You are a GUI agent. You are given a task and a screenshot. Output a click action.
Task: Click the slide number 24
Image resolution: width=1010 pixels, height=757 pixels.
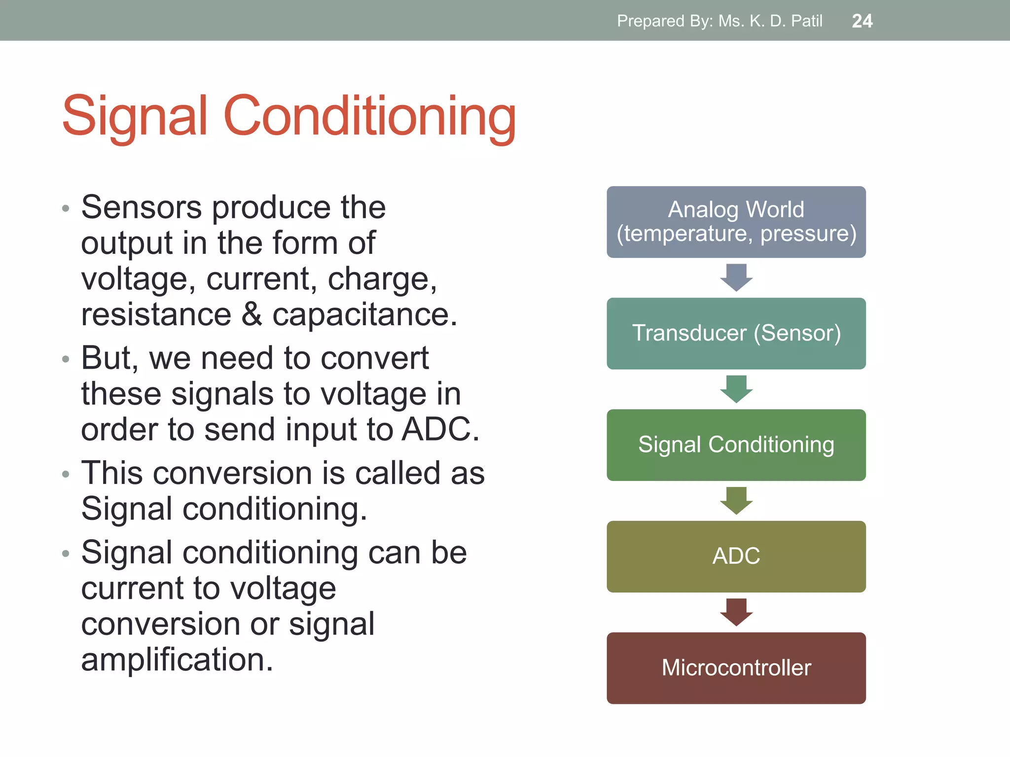(862, 21)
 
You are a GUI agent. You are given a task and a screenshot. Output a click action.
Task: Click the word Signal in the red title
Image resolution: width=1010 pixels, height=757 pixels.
(135, 116)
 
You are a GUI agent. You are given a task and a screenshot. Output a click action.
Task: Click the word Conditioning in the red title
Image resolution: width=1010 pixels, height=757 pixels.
(369, 116)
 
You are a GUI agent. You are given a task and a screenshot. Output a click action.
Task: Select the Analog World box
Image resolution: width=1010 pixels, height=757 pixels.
(736, 222)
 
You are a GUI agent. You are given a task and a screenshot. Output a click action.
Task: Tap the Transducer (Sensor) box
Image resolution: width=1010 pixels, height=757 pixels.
(736, 333)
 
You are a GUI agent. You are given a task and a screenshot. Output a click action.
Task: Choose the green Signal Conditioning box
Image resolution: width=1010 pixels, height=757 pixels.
(736, 445)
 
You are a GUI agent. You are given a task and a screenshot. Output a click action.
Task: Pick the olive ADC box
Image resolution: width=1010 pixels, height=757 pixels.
(736, 556)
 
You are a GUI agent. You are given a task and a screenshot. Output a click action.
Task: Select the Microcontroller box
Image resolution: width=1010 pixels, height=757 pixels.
(736, 668)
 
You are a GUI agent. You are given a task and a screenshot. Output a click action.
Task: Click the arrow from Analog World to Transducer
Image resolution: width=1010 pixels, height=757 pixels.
(736, 277)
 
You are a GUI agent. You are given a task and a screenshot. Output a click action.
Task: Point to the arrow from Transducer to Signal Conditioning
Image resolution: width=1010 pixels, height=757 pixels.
(736, 389)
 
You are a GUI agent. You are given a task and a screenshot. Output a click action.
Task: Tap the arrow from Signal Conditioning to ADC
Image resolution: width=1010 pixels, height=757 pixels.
(736, 500)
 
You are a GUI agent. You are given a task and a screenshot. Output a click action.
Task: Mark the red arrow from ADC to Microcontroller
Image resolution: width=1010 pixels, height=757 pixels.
(736, 612)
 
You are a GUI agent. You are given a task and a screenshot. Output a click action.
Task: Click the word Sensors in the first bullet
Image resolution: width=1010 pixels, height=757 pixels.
(141, 207)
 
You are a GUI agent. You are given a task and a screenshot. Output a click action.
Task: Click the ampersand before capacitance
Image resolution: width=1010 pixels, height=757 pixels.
(252, 314)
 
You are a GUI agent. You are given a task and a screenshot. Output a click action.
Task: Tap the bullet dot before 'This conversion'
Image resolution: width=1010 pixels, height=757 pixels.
(66, 474)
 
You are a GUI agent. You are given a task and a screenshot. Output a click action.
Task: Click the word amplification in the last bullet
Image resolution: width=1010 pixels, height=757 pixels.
(177, 660)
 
